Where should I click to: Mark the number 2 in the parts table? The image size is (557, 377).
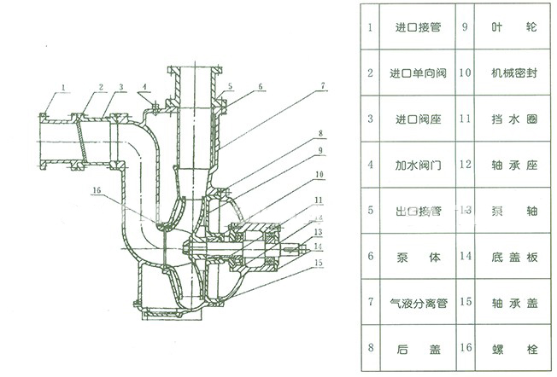tap(370, 72)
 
